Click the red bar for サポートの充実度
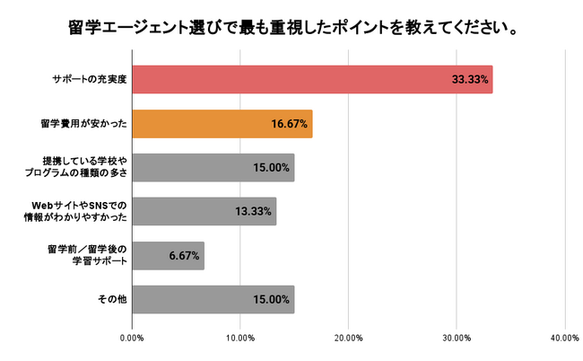tap(311, 80)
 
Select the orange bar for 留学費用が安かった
tap(222, 124)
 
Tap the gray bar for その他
tap(213, 300)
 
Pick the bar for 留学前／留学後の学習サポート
tap(168, 256)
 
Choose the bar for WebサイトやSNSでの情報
tap(204, 212)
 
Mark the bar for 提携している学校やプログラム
tap(213, 168)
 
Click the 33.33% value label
tap(470, 80)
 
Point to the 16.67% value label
tap(290, 124)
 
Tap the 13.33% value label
tap(254, 212)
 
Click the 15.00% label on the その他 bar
tap(272, 300)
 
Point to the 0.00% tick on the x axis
tap(132, 339)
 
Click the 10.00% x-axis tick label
tap(239, 339)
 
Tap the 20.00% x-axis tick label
tap(348, 339)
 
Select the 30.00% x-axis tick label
tap(457, 339)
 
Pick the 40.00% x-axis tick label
tap(564, 339)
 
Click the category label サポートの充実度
tap(87, 80)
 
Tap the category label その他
tap(109, 300)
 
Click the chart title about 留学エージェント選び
tap(291, 28)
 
